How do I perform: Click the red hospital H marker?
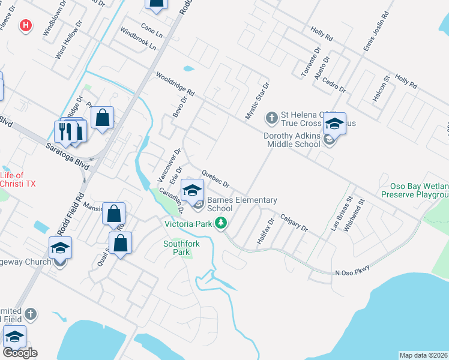25,25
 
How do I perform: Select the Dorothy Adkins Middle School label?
292,140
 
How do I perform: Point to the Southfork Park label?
181,248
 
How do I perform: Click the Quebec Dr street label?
215,178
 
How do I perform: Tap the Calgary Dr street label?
294,224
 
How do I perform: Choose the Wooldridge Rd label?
175,85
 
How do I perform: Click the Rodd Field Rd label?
71,214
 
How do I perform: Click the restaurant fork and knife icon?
66,131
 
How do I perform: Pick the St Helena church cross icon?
272,117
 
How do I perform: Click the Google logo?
20,353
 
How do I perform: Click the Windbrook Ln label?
137,38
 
